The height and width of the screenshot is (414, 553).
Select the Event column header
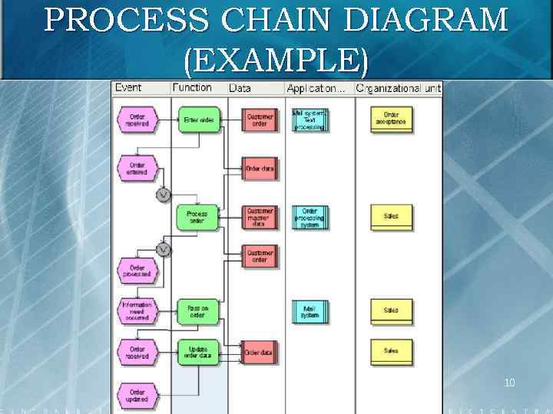(x=128, y=88)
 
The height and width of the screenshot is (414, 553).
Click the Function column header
(x=192, y=88)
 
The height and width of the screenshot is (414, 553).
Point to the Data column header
(x=240, y=88)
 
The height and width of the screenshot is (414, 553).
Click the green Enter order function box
(x=198, y=120)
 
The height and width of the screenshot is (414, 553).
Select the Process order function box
(x=197, y=217)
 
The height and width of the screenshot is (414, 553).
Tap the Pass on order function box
(x=197, y=310)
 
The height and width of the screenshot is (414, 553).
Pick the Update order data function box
(x=197, y=352)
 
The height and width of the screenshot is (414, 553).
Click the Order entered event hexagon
(x=137, y=169)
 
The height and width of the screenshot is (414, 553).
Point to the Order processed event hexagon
(x=137, y=270)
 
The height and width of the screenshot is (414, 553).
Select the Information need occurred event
(x=137, y=310)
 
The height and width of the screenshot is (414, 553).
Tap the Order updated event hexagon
(x=137, y=396)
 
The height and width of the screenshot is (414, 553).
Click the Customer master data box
(x=260, y=217)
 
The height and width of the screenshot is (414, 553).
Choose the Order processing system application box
(x=310, y=217)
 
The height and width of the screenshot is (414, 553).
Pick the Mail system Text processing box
(x=310, y=119)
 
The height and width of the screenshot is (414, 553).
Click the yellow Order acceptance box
(x=391, y=119)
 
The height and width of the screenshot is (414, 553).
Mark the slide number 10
(x=510, y=382)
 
